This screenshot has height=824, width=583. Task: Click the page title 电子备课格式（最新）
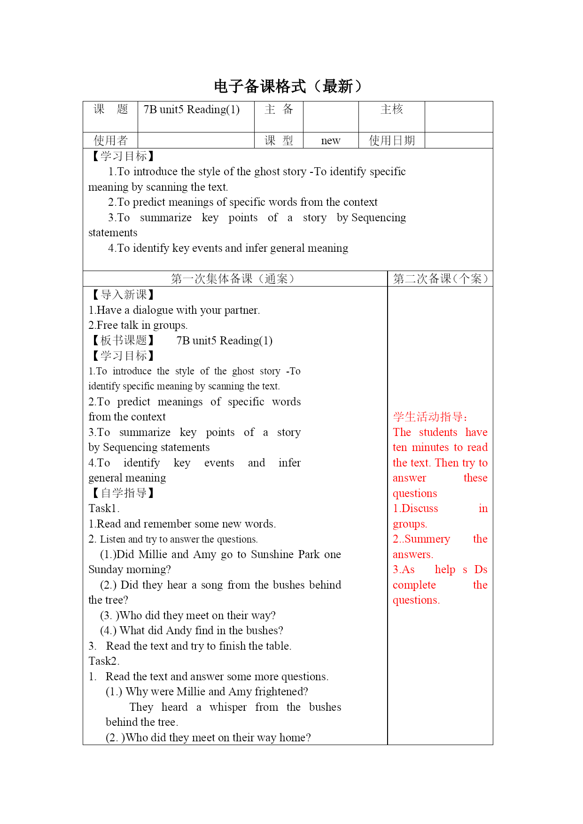point(288,86)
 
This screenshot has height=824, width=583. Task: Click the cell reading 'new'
point(331,140)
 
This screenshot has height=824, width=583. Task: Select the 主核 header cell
point(391,109)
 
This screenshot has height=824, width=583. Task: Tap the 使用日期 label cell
point(391,140)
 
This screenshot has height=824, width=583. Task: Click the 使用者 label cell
point(110,140)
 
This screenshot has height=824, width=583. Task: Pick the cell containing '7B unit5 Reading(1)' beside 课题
point(192,109)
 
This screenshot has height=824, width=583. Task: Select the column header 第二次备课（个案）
point(440,279)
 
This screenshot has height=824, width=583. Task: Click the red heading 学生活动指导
point(430,417)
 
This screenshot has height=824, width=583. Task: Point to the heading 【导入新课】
point(122,295)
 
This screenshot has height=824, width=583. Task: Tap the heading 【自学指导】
point(122,493)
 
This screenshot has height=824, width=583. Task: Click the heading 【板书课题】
point(122,340)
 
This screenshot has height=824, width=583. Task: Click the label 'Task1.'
point(104,508)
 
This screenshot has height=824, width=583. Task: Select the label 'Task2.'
point(104,661)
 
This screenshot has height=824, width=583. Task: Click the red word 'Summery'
point(427,539)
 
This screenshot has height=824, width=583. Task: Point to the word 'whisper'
point(228,707)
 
